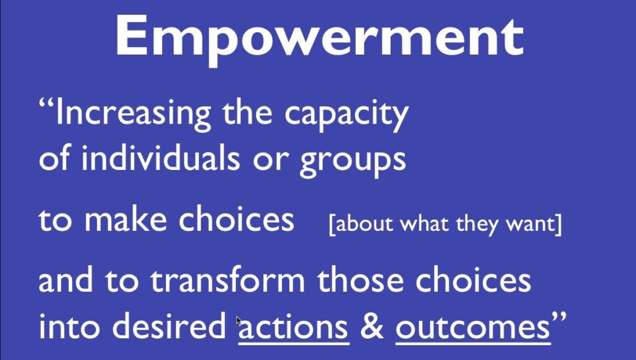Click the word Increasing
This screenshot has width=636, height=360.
[x=134, y=114]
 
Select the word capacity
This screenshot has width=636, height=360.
[x=346, y=115]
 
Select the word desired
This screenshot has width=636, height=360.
[x=169, y=325]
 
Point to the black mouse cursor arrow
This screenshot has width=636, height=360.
[x=239, y=322]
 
